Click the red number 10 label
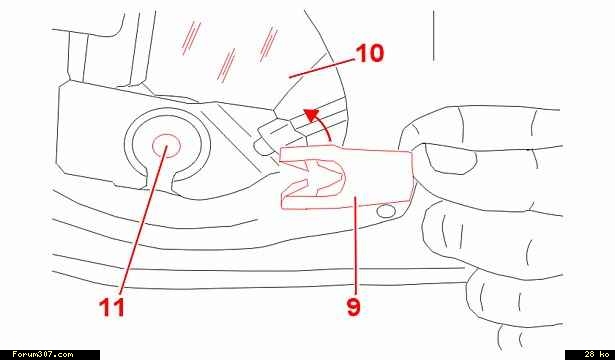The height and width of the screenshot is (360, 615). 370,53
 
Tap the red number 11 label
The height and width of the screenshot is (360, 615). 112,307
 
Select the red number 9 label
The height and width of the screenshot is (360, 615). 353,307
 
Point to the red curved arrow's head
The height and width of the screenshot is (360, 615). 312,116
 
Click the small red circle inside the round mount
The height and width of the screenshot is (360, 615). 166,146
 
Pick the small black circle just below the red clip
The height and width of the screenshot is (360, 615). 386,211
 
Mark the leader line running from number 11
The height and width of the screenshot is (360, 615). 142,220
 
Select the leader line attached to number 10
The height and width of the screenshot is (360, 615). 322,68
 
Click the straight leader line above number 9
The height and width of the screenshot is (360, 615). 355,246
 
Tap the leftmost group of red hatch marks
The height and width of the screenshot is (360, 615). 191,38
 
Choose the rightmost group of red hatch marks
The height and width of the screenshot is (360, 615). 268,44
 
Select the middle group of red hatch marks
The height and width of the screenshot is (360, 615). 226,65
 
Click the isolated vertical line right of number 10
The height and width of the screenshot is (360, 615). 433,36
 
